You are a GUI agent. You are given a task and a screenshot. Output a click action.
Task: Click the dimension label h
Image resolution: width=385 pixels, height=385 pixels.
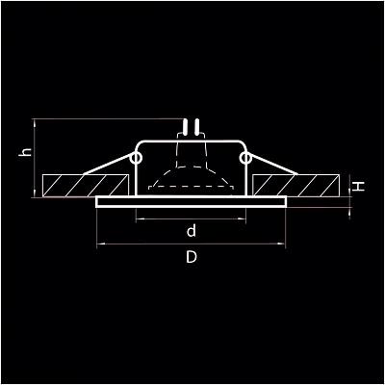(x=26, y=151)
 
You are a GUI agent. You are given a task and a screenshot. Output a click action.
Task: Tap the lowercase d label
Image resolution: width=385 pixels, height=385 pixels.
(x=192, y=231)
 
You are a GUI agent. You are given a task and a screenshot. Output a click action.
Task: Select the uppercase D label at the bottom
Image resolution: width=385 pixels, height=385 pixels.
(x=192, y=257)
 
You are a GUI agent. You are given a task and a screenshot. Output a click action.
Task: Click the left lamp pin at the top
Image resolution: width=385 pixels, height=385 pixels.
(x=185, y=126)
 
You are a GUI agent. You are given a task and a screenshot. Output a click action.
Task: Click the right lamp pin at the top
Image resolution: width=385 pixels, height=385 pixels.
(x=197, y=126)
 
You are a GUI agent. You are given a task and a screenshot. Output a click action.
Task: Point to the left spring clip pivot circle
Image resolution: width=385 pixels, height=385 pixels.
(x=136, y=158)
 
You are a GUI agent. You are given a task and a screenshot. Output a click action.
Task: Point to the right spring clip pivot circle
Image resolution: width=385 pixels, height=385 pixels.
(x=245, y=158)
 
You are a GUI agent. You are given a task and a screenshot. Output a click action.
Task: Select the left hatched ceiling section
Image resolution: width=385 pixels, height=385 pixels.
(x=86, y=186)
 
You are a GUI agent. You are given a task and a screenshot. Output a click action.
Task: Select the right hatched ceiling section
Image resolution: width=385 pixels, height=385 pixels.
(x=296, y=186)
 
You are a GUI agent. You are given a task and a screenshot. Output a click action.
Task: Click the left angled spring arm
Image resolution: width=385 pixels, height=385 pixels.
(x=108, y=165)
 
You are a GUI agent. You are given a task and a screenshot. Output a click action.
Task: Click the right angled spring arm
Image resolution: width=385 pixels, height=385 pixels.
(x=273, y=165)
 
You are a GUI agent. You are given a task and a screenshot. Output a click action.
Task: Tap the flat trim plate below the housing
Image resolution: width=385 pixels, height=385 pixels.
(x=192, y=202)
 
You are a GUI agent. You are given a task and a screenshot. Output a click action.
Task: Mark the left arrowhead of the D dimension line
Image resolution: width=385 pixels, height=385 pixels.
(x=99, y=244)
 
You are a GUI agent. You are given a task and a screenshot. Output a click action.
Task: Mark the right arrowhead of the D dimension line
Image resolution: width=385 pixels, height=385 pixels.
(x=282, y=244)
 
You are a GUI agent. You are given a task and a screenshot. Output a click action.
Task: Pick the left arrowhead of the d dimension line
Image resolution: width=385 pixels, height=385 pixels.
(x=139, y=219)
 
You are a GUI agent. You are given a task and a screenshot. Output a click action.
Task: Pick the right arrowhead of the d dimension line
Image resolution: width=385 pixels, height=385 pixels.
(x=243, y=219)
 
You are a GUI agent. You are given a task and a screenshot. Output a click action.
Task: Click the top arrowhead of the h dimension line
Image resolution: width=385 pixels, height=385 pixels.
(x=35, y=122)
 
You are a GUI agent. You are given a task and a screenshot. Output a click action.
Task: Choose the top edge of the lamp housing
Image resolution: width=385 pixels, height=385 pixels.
(x=192, y=141)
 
